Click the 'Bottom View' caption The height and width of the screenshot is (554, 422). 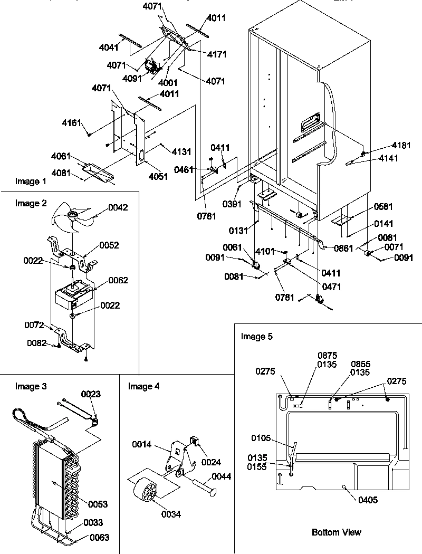click(x=337, y=532)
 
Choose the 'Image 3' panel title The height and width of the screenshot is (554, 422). click(x=31, y=386)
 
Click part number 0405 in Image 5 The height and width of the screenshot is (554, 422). click(x=367, y=500)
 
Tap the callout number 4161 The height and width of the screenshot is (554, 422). click(x=72, y=123)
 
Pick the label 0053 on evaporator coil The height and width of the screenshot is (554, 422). click(x=98, y=504)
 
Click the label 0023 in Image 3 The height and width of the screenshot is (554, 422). click(x=90, y=394)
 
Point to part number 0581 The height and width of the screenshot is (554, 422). click(x=383, y=206)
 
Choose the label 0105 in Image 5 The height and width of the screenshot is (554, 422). click(x=261, y=437)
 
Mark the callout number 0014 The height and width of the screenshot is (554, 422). click(x=141, y=445)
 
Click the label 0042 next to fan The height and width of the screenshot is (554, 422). click(x=119, y=207)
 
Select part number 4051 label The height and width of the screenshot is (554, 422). click(x=158, y=176)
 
